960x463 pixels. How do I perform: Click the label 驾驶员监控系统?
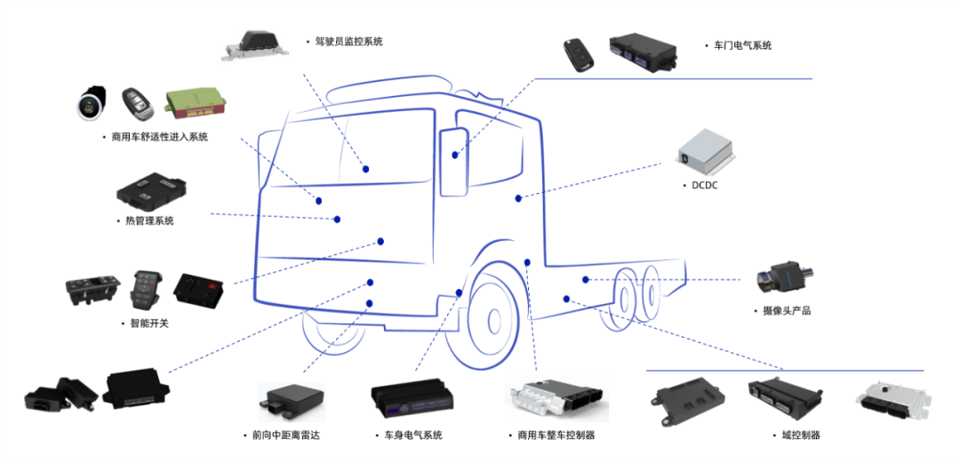[x=348, y=42]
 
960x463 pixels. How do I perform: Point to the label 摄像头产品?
[x=786, y=311]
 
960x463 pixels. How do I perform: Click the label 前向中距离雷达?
[x=281, y=435]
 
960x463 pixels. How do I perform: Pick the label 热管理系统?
[x=149, y=220]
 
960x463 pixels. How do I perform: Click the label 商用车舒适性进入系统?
[x=159, y=137]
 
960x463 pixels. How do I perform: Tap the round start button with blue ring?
[x=90, y=104]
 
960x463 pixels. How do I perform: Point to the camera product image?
[x=783, y=277]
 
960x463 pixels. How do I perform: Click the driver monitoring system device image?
[x=254, y=43]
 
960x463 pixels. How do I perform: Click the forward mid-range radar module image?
[x=291, y=401]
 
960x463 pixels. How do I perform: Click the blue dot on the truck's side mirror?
[x=455, y=155]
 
